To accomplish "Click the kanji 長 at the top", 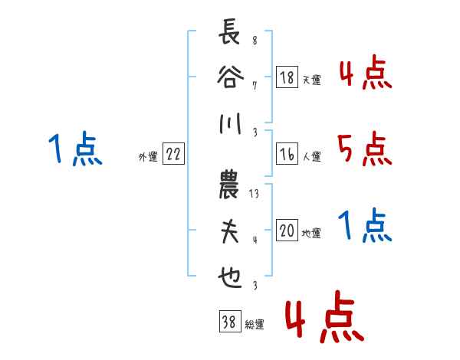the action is pyautogui.click(x=229, y=31).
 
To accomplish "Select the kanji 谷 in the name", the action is pyautogui.click(x=230, y=77).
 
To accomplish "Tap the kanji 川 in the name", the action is pyautogui.click(x=231, y=123).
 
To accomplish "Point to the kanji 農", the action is pyautogui.click(x=228, y=185).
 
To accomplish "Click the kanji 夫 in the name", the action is pyautogui.click(x=230, y=231).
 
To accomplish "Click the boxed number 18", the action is pyautogui.click(x=287, y=77).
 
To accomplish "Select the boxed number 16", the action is pyautogui.click(x=287, y=154).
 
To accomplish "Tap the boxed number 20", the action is pyautogui.click(x=287, y=230).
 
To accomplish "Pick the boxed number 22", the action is pyautogui.click(x=173, y=154).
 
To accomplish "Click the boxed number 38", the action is pyautogui.click(x=230, y=321).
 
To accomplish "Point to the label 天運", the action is pyautogui.click(x=311, y=80).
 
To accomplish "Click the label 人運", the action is pyautogui.click(x=312, y=156).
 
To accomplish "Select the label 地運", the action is pyautogui.click(x=311, y=233).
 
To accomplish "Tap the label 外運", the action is pyautogui.click(x=148, y=157).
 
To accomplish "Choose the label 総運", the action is pyautogui.click(x=255, y=324).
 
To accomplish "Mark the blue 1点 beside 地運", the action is pyautogui.click(x=365, y=225).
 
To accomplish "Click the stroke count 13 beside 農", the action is pyautogui.click(x=254, y=194).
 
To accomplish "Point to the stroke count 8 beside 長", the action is pyautogui.click(x=255, y=40).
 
